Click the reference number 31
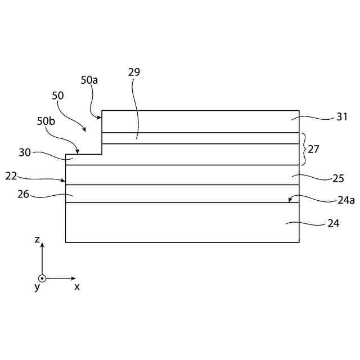click(x=342, y=117)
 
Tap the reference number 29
click(x=134, y=72)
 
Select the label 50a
click(x=89, y=80)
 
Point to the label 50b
click(x=46, y=121)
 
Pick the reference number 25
click(x=337, y=178)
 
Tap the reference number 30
click(x=24, y=152)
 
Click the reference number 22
click(x=11, y=175)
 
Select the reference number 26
click(x=24, y=195)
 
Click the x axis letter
click(x=77, y=286)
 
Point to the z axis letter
click(x=37, y=240)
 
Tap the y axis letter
click(x=37, y=287)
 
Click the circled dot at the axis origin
click(x=42, y=278)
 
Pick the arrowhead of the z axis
click(x=42, y=245)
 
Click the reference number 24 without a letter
click(x=334, y=223)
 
